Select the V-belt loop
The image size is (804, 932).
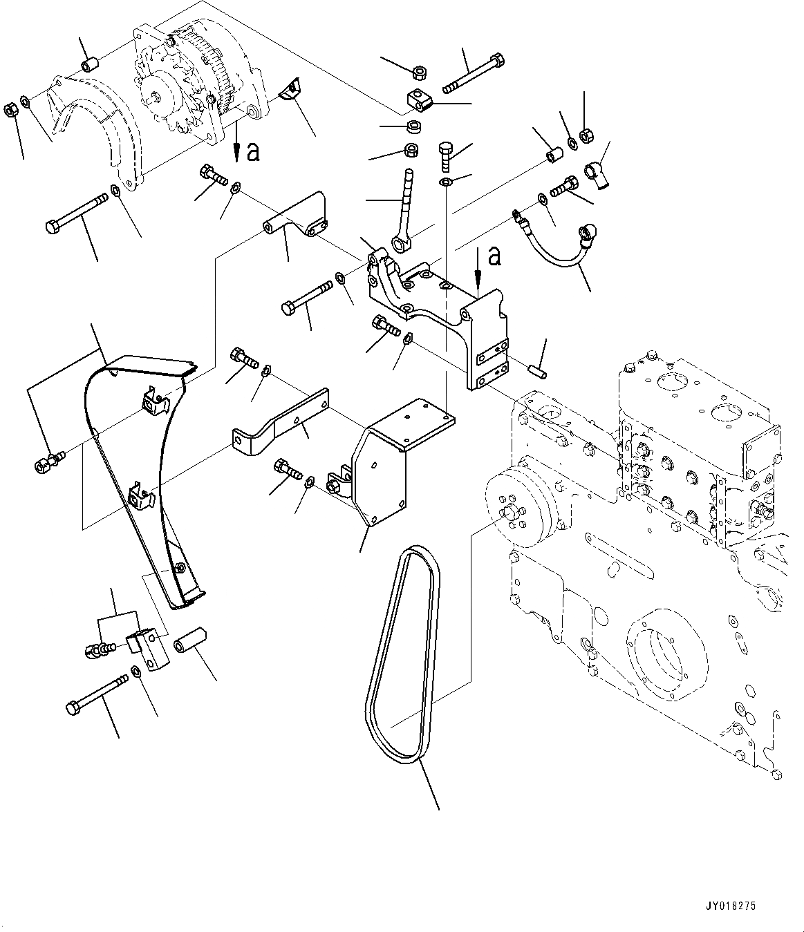coord(401,656)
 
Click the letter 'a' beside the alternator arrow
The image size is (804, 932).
coord(253,151)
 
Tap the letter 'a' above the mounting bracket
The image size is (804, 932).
coord(494,256)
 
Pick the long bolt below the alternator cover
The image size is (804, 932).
coord(77,211)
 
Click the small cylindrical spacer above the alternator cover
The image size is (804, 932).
coord(89,65)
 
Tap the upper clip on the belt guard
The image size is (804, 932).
coord(153,399)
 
